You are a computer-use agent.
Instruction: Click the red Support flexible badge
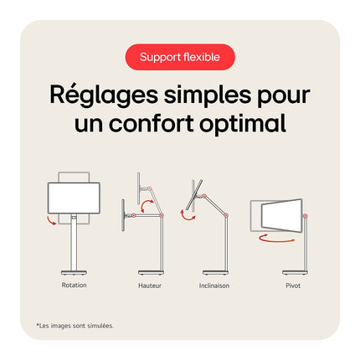(x=180, y=57)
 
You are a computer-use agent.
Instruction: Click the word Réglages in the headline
(x=104, y=95)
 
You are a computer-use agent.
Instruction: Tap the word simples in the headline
(x=208, y=95)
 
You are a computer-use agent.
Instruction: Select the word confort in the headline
(x=152, y=123)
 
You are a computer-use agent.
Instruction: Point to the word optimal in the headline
(x=243, y=124)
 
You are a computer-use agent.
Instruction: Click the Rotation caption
(x=74, y=285)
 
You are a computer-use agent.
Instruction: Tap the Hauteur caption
(x=150, y=285)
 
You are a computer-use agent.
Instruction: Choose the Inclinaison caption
(x=214, y=285)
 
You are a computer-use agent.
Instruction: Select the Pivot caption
(x=293, y=285)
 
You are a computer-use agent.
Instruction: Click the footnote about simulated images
(x=75, y=326)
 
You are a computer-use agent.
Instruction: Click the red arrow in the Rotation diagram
(x=51, y=221)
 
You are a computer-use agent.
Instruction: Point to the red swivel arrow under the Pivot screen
(x=276, y=239)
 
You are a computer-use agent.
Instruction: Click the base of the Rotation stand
(x=74, y=272)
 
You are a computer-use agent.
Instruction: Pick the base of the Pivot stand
(x=296, y=272)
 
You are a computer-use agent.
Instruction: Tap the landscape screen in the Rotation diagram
(x=74, y=198)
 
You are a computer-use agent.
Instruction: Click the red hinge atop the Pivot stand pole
(x=306, y=216)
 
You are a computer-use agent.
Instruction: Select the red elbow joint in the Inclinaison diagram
(x=226, y=215)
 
